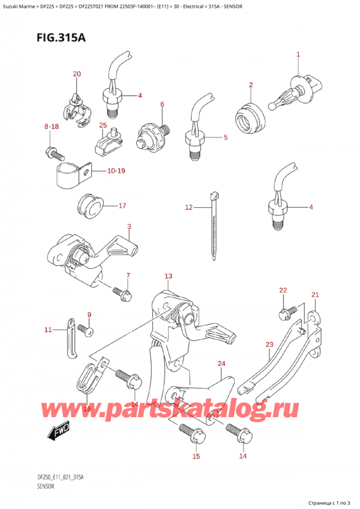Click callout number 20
[x=76, y=74]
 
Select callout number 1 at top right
[x=298, y=55]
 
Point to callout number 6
[x=162, y=104]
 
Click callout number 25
[x=103, y=125]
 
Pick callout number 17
[x=122, y=206]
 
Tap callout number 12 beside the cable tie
[x=188, y=208]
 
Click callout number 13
[x=169, y=276]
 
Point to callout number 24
[x=221, y=364]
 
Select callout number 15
[x=195, y=457]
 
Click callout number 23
[x=269, y=345]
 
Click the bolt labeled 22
[x=287, y=311]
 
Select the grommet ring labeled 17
[x=89, y=208]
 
